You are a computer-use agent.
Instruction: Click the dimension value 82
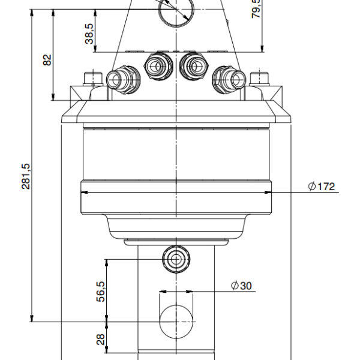[48, 60]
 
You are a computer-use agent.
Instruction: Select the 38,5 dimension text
[89, 34]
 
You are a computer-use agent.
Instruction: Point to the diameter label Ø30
[241, 286]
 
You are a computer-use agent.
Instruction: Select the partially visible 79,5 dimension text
[256, 8]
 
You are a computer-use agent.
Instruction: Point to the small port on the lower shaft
[176, 259]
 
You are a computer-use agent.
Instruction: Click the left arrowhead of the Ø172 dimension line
[84, 192]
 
